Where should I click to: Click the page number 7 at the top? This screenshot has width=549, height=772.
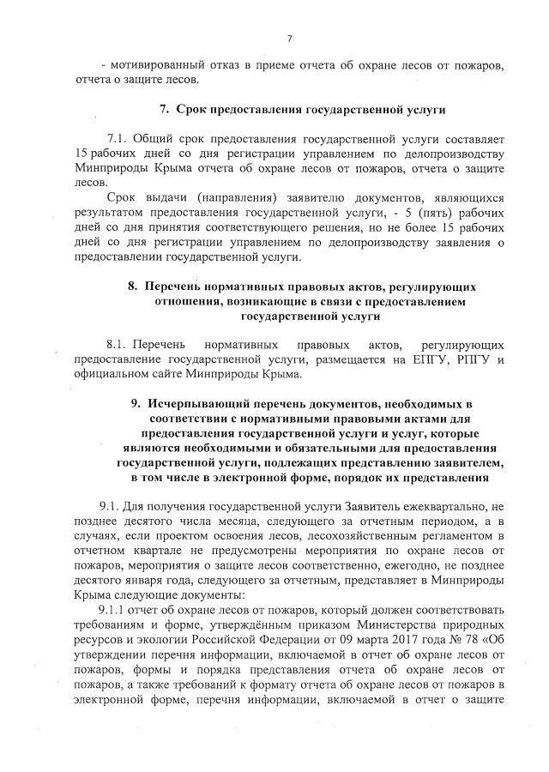[289, 38]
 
